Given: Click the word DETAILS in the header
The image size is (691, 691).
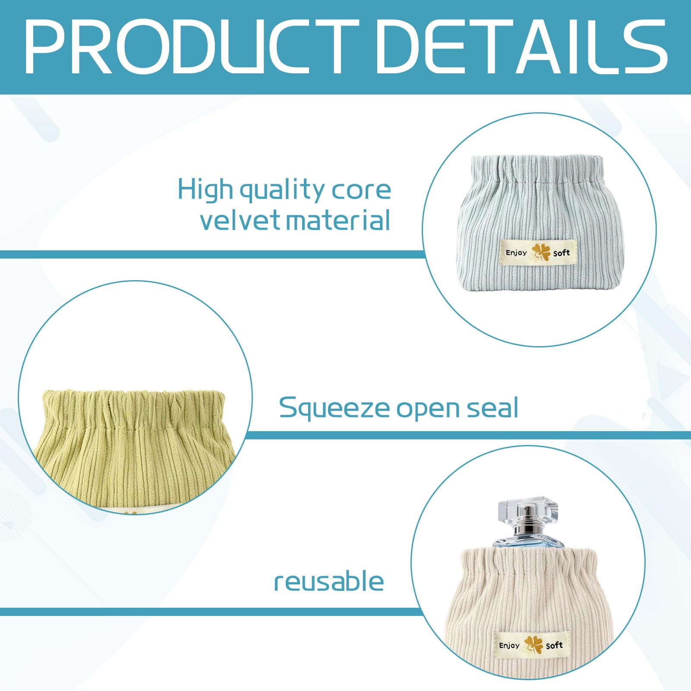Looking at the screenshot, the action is click(x=522, y=47).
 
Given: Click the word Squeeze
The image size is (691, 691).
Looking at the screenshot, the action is click(x=335, y=409).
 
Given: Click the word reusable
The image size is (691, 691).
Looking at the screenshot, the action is click(x=329, y=581).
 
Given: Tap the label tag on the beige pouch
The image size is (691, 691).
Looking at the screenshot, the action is click(x=531, y=645).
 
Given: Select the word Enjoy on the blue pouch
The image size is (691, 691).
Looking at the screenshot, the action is click(x=516, y=253).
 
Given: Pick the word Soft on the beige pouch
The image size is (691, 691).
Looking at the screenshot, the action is click(x=555, y=646).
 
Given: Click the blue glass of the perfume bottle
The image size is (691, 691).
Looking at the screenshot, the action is click(x=528, y=543).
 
